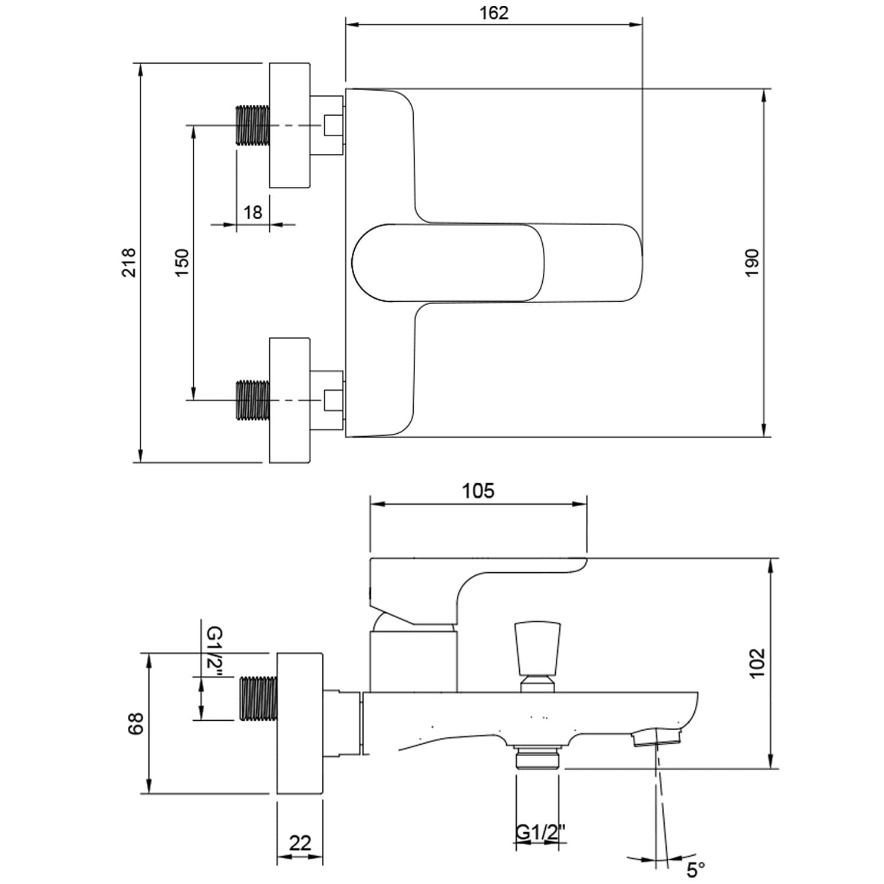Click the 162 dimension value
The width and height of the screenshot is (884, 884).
(x=494, y=13)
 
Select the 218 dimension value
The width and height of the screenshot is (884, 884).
(x=129, y=262)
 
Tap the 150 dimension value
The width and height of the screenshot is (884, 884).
(x=182, y=262)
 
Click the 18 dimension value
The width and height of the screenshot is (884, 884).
(x=253, y=212)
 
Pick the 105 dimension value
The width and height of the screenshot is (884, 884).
(x=478, y=491)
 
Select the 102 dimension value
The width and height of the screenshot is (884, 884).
(x=757, y=662)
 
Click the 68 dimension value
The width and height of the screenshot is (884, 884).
(x=136, y=723)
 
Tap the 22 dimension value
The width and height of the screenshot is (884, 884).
(x=300, y=843)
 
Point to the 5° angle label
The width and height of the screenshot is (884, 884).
(x=695, y=869)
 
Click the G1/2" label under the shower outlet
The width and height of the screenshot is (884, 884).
(x=540, y=833)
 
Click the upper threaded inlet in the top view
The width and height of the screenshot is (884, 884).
(x=252, y=125)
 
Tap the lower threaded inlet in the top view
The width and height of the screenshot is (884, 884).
(x=252, y=400)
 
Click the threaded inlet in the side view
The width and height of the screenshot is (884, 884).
(x=258, y=698)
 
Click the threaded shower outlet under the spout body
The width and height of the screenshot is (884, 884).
(x=537, y=758)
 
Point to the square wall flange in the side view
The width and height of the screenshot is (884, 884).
(x=300, y=723)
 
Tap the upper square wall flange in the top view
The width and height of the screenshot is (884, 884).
(x=289, y=125)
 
